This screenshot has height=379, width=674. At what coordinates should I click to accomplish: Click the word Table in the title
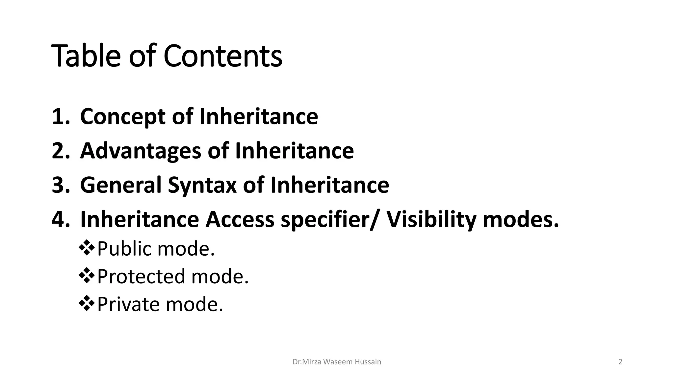86,56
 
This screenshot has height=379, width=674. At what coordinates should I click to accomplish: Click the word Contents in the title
223,56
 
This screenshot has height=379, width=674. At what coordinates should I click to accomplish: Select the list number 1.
61,116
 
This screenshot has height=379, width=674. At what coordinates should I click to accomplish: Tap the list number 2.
61,151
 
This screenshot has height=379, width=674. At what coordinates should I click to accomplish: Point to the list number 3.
61,185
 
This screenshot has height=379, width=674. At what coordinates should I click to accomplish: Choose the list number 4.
61,219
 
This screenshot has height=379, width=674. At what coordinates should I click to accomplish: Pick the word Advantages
140,151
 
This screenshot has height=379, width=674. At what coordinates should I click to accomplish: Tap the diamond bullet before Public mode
87,248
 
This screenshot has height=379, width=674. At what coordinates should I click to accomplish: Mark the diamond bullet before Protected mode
87,276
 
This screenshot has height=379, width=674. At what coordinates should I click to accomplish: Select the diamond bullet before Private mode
87,303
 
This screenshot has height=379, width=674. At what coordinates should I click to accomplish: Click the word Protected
141,276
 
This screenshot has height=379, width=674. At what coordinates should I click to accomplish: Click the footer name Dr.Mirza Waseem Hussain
337,362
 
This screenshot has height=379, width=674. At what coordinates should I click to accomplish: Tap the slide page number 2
620,362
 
